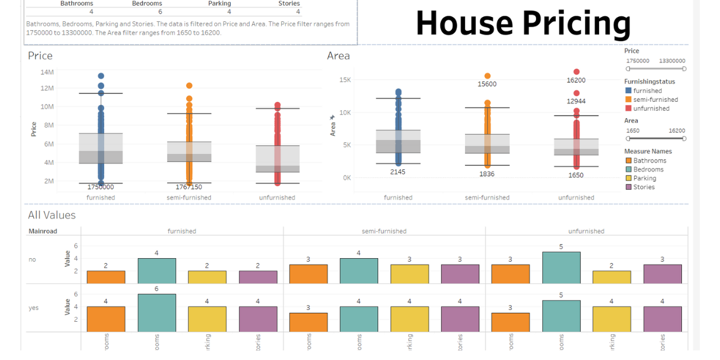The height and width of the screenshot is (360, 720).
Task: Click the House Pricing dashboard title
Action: coord(523,23)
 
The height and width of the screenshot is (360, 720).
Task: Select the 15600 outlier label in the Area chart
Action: coord(487,84)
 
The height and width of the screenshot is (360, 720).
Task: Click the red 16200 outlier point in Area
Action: coord(577,71)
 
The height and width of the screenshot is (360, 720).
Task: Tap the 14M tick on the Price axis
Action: coord(47,72)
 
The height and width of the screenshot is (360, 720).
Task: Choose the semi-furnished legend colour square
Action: coord(628,100)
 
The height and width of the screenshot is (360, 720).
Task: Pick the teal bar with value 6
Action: coord(156,313)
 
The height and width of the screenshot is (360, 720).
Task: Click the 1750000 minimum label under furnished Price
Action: coord(101,187)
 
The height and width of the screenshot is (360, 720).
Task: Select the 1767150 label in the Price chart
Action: coord(189,187)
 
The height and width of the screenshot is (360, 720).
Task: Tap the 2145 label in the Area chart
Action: coord(398,172)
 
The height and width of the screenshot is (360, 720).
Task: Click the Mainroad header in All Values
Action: coord(43,231)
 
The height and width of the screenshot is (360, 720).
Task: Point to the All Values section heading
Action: coord(52,215)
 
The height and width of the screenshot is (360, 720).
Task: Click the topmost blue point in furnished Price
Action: coord(101,76)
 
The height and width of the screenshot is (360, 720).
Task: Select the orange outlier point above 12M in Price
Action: coord(189,85)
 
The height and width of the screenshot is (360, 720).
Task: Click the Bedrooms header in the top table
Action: coord(147,3)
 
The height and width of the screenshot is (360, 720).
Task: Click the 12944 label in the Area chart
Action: coord(576,101)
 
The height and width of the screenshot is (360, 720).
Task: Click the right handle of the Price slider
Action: coord(684,69)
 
